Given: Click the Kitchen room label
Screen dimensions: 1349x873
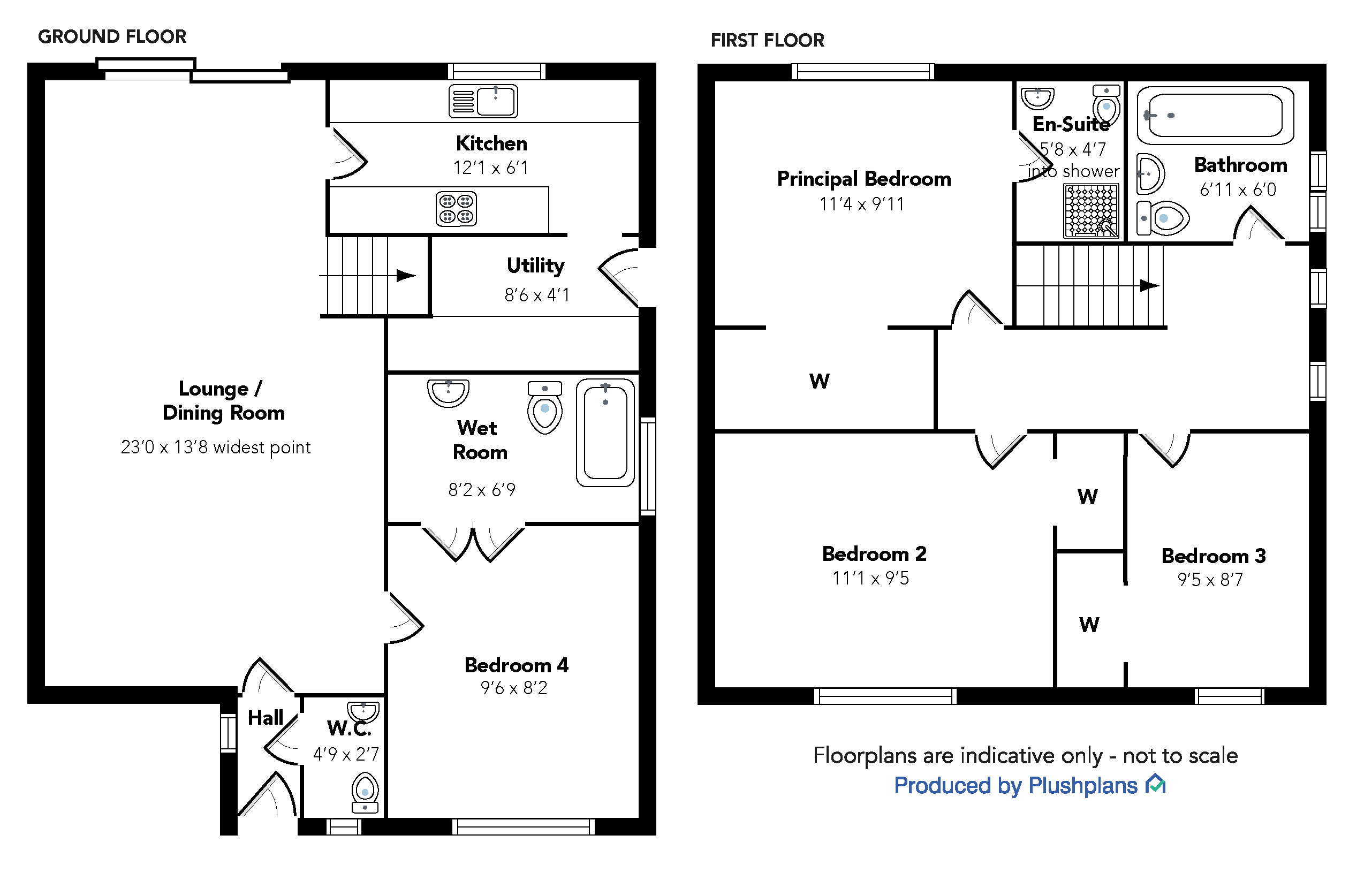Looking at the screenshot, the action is pos(491,144).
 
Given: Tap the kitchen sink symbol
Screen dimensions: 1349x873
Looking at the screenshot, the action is pos(483,102).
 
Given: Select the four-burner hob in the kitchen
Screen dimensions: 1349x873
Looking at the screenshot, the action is pos(456,209).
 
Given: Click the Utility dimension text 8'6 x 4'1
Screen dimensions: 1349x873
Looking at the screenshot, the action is pos(537,295).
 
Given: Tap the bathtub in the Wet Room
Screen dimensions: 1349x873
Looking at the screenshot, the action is pos(605,432).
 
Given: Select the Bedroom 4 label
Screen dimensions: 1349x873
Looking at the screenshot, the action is pos(517,665).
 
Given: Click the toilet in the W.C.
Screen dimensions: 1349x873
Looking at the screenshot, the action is pos(365,794).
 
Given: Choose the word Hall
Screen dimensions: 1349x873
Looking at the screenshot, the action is pos(266,718).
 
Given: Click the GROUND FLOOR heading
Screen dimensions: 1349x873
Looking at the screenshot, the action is pos(112,37).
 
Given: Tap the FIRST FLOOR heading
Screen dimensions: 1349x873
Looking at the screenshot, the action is pos(768,41).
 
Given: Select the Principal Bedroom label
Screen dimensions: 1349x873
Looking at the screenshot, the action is pos(864,179).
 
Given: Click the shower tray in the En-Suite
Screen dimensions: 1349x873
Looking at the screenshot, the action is pos(1091,211).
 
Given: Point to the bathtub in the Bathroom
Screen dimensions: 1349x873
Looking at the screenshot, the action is pos(1215,116).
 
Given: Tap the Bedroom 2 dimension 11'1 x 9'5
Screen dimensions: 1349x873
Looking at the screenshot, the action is pos(870,579).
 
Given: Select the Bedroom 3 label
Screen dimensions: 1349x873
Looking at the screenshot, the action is pos(1214,556).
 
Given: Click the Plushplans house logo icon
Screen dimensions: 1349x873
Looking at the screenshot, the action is pos(1155,785).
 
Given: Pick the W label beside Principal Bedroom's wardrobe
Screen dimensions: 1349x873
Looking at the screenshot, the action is pos(819,382).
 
